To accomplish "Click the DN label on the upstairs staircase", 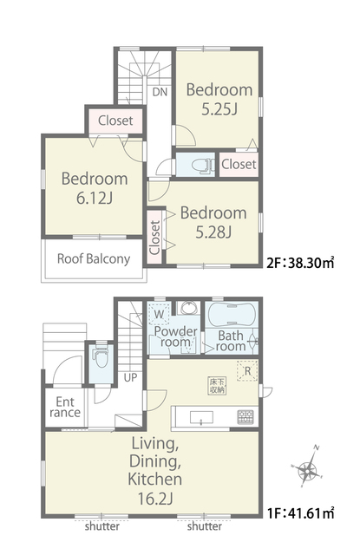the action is [160, 92].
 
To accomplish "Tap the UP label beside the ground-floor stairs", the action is [130, 378].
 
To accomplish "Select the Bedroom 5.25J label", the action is [219, 100].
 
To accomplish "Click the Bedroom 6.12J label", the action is [95, 188].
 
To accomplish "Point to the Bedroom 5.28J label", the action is [213, 222].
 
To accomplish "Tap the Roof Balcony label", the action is [94, 259].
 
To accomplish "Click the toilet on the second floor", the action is [203, 166].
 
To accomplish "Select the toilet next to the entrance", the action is [101, 357].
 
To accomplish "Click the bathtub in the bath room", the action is [232, 315].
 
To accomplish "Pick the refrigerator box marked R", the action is [247, 371].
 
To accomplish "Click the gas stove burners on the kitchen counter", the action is [245, 417].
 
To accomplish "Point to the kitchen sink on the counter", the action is [201, 417].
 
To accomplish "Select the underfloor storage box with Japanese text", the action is [217, 386].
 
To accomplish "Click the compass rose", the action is [307, 467].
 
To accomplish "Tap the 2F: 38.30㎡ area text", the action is [300, 264].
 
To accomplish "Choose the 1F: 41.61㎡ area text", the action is [300, 513].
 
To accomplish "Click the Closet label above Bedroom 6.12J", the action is [115, 121].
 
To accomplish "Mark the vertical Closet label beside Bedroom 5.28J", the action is [154, 237].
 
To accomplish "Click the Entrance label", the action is [65, 407].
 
